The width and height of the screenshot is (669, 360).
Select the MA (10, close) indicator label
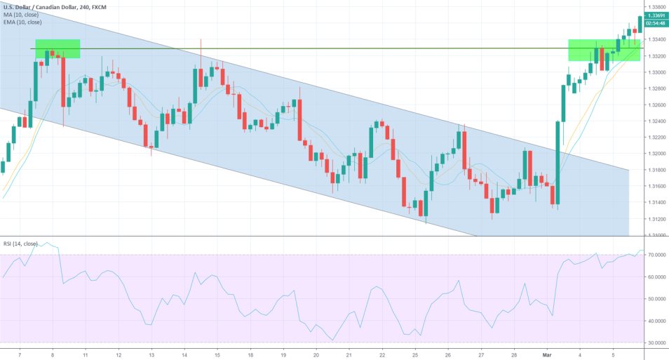pos(20,14)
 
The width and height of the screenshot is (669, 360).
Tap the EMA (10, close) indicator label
pos(22,22)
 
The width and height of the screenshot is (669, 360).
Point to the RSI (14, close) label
pos(20,244)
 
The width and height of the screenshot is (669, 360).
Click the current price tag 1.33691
pos(656,15)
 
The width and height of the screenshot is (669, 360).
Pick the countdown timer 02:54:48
pos(656,23)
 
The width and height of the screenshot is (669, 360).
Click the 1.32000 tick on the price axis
pos(656,154)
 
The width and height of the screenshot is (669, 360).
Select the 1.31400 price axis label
pos(656,203)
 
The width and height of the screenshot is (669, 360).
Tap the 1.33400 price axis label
pos(656,40)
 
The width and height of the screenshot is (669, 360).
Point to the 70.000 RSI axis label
pos(655,255)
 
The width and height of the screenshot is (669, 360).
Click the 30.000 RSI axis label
pos(655,343)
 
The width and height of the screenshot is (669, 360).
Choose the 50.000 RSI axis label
pos(655,299)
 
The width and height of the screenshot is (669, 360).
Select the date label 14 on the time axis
pos(184,354)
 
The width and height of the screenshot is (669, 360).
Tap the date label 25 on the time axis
pos(415,354)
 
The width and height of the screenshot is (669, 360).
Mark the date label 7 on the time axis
pos(19,354)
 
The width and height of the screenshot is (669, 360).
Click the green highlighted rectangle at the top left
pos(58,48)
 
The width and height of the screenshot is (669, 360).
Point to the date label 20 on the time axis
pos(316,354)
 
